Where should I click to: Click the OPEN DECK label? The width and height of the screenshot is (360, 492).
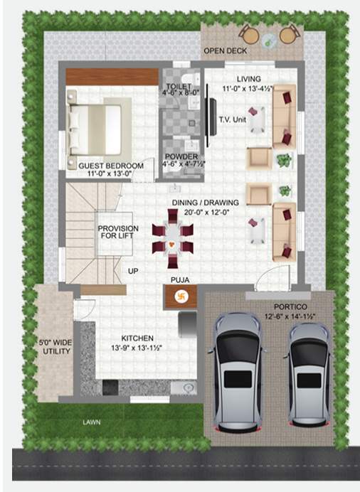(x=224, y=51)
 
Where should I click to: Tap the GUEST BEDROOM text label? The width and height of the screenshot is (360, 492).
(x=110, y=166)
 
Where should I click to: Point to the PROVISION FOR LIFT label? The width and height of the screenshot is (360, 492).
(x=118, y=233)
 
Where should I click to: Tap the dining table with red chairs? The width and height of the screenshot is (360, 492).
(x=172, y=238)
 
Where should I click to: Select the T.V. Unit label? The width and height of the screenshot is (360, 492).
(x=232, y=119)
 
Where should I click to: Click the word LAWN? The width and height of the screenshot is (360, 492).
(x=90, y=422)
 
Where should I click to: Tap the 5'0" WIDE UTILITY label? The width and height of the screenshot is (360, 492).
(x=54, y=346)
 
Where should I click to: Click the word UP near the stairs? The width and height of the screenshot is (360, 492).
(x=133, y=271)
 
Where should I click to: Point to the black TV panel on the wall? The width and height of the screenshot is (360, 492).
(x=211, y=119)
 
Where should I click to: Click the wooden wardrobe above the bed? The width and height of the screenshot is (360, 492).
(x=111, y=76)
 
